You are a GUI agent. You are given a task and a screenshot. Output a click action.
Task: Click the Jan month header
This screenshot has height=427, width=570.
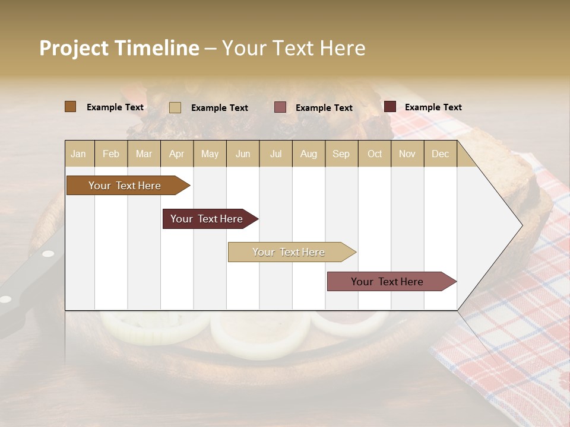78,154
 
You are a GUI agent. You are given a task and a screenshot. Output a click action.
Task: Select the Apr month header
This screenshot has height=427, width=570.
177,154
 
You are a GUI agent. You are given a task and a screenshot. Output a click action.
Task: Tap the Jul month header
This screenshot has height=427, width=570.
275,154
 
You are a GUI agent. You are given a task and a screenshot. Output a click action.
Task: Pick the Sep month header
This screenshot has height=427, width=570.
341,154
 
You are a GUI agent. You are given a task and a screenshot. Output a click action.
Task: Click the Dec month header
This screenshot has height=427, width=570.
440,154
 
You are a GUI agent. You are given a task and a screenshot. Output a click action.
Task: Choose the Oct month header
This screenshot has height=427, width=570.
375,154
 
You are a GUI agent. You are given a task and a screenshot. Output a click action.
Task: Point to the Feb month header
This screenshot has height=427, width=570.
111,154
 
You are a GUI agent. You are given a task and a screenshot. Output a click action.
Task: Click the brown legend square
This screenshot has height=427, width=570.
70,107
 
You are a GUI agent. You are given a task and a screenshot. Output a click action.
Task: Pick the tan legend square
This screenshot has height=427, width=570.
175,107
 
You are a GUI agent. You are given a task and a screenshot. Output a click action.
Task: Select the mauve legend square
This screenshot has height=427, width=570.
280,107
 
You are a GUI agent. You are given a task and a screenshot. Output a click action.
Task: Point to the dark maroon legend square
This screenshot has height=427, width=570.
389,107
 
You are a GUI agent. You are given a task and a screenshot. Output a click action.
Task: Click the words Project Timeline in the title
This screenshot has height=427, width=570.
119,48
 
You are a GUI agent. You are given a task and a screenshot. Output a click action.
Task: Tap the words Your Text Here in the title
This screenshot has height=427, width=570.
293,48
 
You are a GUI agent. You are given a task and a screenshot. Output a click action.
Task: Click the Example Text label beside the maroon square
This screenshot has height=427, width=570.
433,107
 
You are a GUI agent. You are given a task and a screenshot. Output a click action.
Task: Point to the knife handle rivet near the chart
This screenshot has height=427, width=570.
47,254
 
